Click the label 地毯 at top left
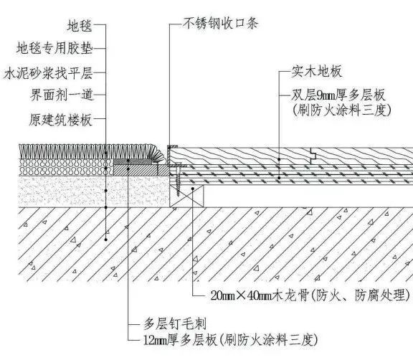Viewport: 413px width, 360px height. [80, 26]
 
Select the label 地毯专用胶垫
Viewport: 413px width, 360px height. [54, 48]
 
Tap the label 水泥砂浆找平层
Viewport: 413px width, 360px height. [48, 73]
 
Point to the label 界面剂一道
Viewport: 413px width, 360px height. [62, 95]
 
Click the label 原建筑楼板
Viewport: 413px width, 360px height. [60, 120]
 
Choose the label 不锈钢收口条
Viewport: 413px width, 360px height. [221, 23]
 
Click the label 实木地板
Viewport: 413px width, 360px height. [317, 72]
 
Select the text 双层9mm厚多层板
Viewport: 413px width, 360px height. [338, 95]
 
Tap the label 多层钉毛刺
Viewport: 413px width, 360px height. [175, 324]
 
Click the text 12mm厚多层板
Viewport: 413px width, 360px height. [180, 340]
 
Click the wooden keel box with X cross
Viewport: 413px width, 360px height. [186, 196]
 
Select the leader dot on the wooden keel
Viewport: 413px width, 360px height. [193, 189]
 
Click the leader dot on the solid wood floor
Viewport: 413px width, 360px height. [279, 159]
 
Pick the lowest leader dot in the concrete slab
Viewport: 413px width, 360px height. [106, 240]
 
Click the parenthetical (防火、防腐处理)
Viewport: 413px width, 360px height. [361, 295]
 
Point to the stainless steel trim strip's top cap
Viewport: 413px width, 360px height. [172, 146]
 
